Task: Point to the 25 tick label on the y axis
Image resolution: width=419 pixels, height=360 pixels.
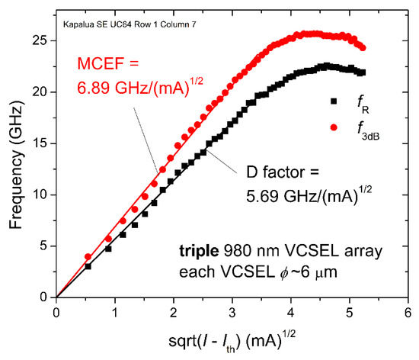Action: (40, 40)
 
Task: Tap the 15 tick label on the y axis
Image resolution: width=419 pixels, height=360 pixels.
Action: (40, 143)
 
